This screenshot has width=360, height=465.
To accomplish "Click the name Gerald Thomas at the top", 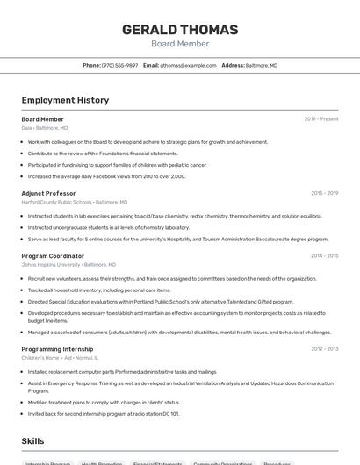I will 179,30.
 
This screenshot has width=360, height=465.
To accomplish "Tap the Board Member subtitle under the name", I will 179,44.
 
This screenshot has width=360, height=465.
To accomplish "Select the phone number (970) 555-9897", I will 119,65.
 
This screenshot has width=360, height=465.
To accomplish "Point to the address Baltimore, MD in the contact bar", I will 261,65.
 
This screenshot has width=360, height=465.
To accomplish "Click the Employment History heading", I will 65,101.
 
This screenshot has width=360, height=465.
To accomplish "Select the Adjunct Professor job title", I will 48,193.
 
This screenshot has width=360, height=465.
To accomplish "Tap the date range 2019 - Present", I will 320,119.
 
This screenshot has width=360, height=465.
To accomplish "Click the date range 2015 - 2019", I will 324,193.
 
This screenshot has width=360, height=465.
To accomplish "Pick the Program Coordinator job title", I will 53,256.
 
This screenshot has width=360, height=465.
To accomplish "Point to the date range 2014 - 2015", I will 324,256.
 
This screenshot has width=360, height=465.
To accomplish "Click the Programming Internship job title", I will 58,349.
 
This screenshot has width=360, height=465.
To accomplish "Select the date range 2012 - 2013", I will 324,349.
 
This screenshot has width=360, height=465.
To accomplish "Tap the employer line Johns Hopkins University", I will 68,265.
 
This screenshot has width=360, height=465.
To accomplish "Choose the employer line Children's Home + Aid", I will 60,358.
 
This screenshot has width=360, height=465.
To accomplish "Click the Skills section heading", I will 33,442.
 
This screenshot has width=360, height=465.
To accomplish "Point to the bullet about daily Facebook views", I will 106,176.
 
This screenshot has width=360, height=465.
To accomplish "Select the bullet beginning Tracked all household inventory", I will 98,290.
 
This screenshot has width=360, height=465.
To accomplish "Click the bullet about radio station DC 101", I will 103,414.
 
